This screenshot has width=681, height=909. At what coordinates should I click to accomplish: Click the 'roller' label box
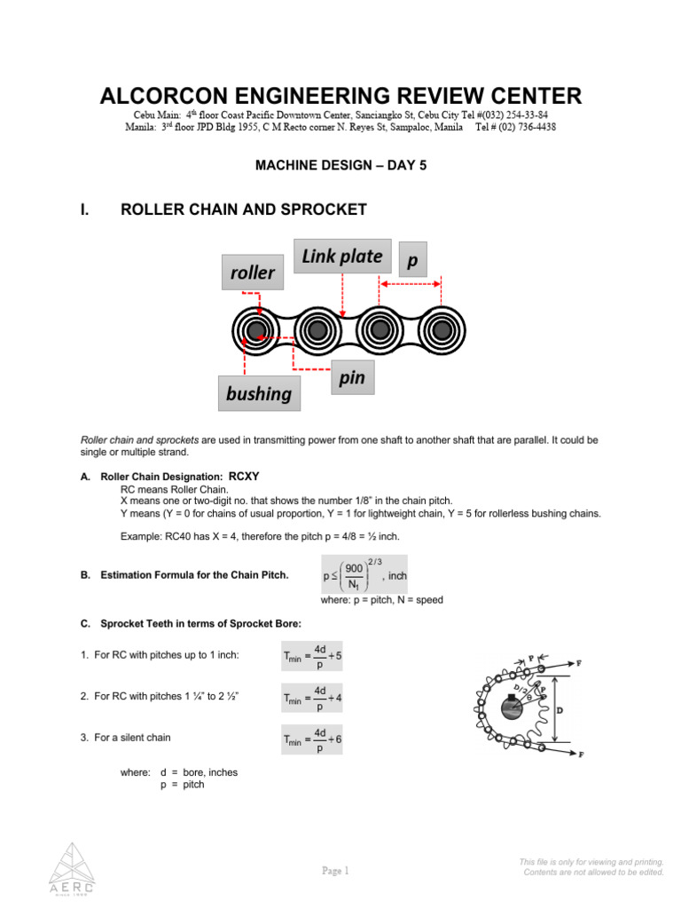(x=253, y=273)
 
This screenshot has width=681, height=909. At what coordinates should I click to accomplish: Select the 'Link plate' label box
(x=342, y=257)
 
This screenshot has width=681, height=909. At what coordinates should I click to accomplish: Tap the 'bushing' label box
(x=259, y=393)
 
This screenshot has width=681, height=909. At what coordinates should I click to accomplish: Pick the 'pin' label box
(x=352, y=378)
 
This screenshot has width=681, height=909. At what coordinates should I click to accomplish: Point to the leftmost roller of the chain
(x=256, y=331)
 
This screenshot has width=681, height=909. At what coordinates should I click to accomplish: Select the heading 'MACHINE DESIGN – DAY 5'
(x=340, y=165)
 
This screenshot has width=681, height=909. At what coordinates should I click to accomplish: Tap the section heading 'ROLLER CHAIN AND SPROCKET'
(x=243, y=209)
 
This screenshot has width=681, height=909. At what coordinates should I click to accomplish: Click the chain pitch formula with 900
(x=363, y=575)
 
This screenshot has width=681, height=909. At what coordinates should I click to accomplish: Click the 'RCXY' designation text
(x=244, y=475)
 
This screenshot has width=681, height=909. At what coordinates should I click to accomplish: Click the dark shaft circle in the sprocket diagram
(x=513, y=708)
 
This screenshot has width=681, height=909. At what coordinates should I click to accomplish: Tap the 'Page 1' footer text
(x=336, y=871)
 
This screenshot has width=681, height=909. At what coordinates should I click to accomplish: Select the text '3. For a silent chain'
(x=132, y=738)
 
